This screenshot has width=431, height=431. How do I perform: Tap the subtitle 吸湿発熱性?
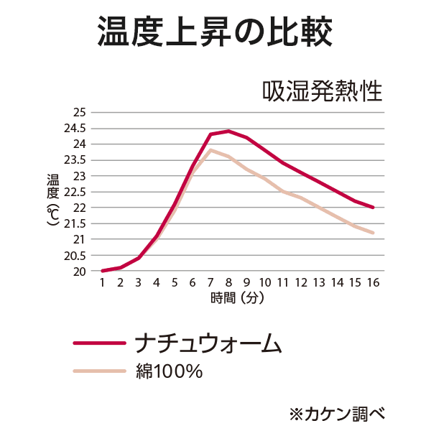(322, 92)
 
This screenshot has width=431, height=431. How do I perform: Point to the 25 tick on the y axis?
(79, 113)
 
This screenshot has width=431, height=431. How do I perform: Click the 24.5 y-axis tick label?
(75, 129)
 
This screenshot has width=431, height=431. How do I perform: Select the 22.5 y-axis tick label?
(75, 192)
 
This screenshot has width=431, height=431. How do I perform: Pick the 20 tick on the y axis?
(79, 272)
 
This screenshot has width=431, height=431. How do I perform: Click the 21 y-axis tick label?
(79, 239)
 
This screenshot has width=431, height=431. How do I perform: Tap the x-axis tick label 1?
(103, 283)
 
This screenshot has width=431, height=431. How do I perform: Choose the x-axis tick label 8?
(228, 283)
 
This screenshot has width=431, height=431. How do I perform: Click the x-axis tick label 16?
(374, 283)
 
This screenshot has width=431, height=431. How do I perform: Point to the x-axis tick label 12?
(301, 283)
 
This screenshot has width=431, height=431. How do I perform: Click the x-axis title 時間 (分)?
(238, 298)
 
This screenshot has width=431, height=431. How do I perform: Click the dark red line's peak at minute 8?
(228, 131)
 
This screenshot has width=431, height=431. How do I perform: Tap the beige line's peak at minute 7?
(210, 149)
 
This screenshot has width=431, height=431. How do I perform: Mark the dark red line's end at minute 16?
(374, 207)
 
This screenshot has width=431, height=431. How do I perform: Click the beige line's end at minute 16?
(374, 233)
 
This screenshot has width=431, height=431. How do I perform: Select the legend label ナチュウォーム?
(208, 343)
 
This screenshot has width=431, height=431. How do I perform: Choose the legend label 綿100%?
(169, 371)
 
